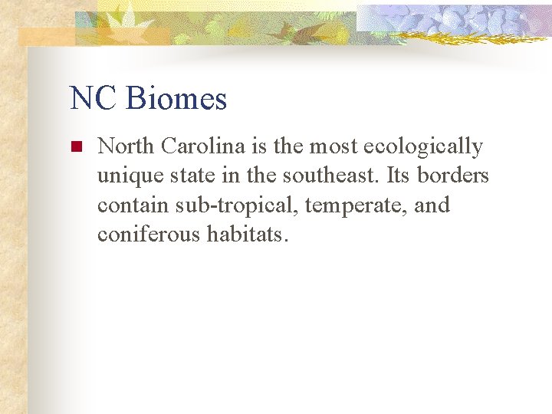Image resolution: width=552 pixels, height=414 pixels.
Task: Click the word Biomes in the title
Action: (176, 99)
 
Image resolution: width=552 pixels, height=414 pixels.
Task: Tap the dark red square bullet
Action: (76, 146)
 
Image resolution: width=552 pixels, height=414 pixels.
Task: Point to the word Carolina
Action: (203, 146)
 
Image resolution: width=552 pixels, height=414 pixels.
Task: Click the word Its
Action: (399, 176)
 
